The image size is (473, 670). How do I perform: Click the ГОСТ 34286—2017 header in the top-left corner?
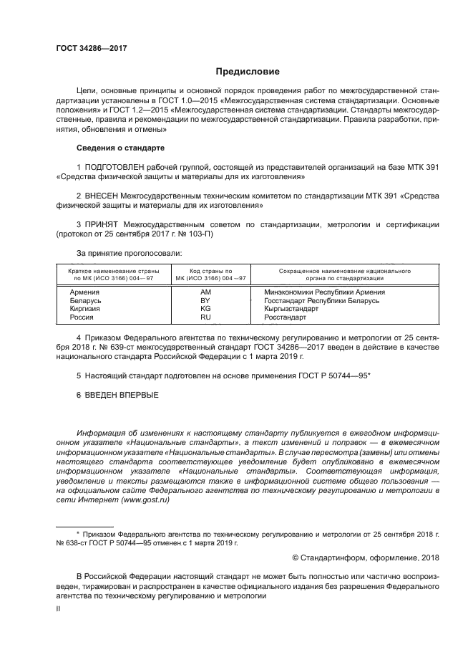[87, 49]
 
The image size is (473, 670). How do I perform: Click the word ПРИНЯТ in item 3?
[102, 224]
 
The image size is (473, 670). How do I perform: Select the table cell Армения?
[84, 292]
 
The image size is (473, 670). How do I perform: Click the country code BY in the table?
[205, 300]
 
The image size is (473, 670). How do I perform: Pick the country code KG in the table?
[205, 308]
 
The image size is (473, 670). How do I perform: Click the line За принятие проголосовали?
[129, 253]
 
